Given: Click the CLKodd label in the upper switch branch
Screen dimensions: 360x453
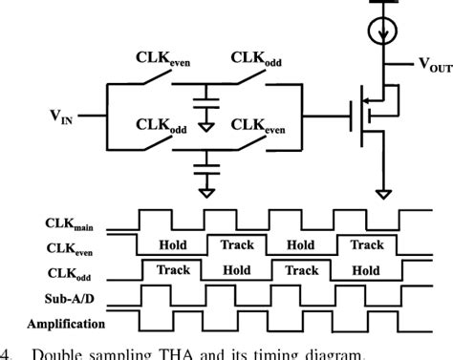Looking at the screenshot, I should click(x=262, y=59).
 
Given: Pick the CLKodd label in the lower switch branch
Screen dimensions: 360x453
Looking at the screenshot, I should click(x=161, y=125).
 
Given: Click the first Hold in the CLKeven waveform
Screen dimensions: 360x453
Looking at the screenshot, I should click(x=172, y=245).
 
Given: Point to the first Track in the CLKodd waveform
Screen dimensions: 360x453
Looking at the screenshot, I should click(x=173, y=270).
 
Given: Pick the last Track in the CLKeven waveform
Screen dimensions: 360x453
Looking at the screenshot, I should click(x=368, y=245).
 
